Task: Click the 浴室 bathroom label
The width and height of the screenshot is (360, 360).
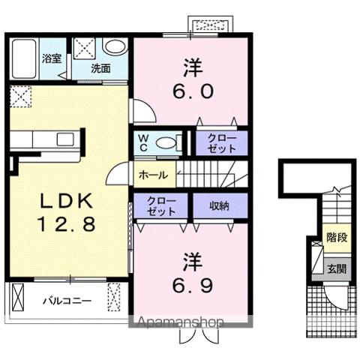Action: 52,58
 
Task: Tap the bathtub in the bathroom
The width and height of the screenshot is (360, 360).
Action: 24,58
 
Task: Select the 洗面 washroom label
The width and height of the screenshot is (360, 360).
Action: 100,68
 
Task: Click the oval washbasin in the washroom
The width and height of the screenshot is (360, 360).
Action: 115,46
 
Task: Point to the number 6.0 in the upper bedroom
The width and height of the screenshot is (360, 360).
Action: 193,91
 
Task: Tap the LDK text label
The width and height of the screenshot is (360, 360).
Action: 67,201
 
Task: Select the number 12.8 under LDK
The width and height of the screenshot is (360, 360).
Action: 67,223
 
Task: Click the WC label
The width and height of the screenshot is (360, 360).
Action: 143,143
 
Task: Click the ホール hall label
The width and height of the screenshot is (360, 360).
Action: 153,175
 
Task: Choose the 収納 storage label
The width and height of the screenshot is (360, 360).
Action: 219,205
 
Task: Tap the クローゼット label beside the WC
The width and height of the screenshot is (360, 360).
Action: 222,143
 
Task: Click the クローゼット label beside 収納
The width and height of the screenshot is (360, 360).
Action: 161,206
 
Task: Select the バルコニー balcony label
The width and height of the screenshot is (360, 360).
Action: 67,301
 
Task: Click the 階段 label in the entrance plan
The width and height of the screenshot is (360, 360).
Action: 337,237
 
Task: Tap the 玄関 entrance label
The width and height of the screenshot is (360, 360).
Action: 337,269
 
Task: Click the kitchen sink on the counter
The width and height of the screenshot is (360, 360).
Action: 65,139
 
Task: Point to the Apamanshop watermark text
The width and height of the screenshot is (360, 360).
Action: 180,322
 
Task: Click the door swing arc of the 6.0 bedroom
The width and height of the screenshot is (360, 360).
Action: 149,107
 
